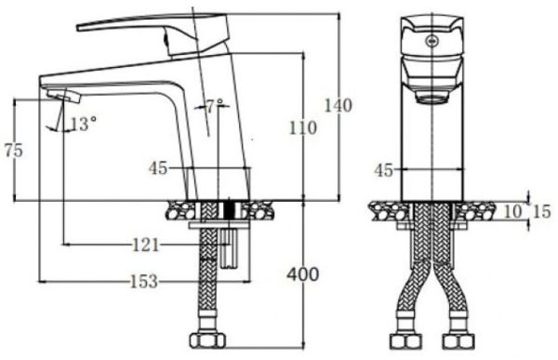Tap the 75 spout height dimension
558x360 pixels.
point(13,149)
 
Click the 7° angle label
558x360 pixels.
point(216,107)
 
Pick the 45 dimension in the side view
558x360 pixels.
point(158,168)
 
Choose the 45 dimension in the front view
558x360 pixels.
point(382,169)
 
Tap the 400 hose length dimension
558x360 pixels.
point(302,274)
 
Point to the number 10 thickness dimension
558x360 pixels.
point(512,212)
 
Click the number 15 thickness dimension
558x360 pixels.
point(541,212)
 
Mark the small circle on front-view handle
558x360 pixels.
point(432,40)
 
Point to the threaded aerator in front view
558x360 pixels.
point(432,93)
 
